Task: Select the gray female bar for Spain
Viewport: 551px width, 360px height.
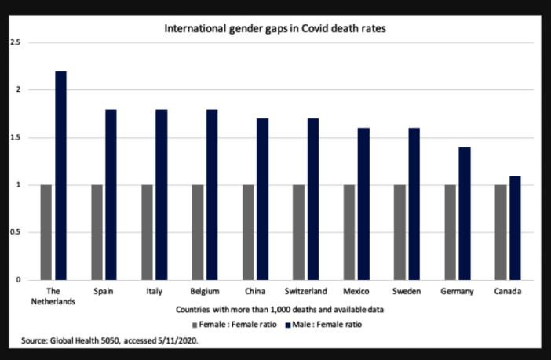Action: point(97,232)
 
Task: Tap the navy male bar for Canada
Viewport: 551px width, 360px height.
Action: point(515,227)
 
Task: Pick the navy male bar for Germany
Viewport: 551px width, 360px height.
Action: point(465,213)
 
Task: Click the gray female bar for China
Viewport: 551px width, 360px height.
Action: point(248,232)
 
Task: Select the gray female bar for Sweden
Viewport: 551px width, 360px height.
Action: point(400,232)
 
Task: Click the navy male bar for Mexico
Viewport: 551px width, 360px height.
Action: point(363,204)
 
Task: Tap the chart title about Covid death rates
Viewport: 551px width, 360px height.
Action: point(275,29)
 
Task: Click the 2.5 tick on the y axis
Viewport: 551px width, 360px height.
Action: point(14,42)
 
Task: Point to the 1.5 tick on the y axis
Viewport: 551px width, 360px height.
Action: point(14,137)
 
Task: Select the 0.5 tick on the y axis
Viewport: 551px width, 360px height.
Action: point(14,232)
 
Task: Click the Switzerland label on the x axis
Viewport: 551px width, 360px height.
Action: point(307,291)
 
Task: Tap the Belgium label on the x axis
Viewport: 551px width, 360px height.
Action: point(206,291)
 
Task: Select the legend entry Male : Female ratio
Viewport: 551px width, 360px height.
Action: point(326,323)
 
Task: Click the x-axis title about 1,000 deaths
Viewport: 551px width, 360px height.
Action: point(275,310)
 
